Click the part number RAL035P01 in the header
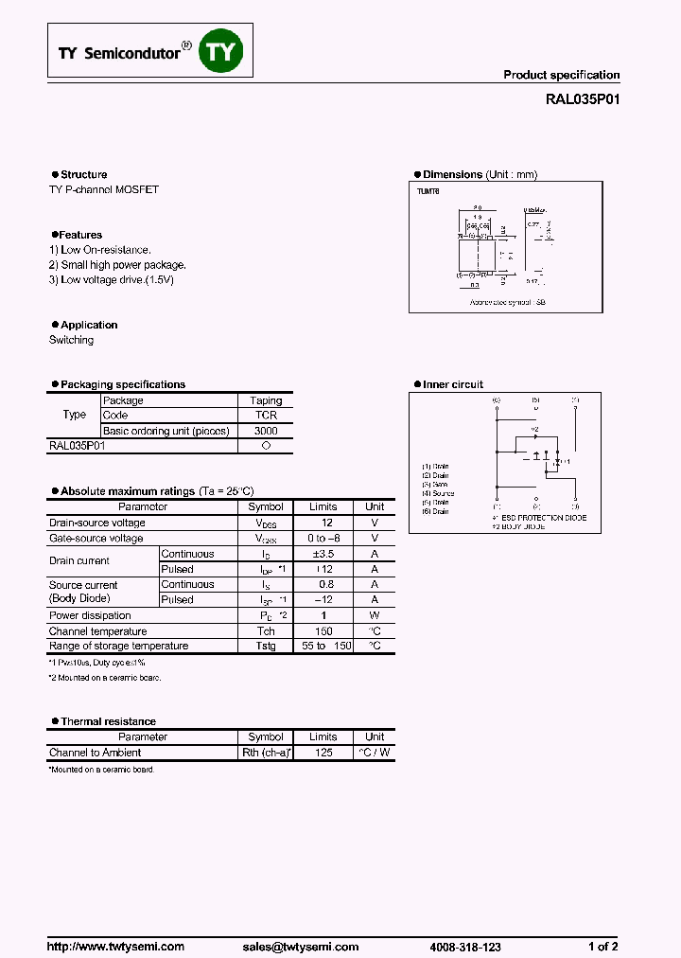pyautogui.click(x=584, y=98)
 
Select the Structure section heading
pyautogui.click(x=83, y=174)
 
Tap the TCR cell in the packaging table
pyautogui.click(x=266, y=416)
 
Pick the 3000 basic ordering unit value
pyautogui.click(x=266, y=431)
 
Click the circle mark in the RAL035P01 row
pyautogui.click(x=266, y=446)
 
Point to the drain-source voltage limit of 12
pyautogui.click(x=323, y=523)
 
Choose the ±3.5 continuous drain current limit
pyautogui.click(x=323, y=554)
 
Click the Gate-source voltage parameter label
pyautogui.click(x=96, y=539)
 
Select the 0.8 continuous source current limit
pyautogui.click(x=323, y=585)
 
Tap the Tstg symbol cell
pyautogui.click(x=266, y=646)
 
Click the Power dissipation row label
pyautogui.click(x=91, y=615)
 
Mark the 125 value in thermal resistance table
pyautogui.click(x=323, y=753)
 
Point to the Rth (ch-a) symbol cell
pyautogui.click(x=266, y=753)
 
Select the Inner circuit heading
pyautogui.click(x=452, y=384)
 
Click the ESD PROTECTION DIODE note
pyautogui.click(x=542, y=518)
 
